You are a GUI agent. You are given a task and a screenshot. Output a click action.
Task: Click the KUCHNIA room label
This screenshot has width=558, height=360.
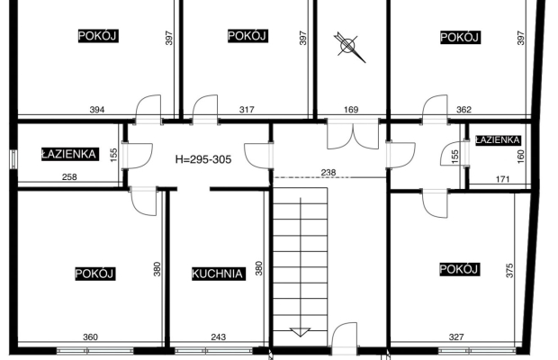click(219, 274)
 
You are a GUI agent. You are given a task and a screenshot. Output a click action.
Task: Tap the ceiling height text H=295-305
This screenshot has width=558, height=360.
click(203, 159)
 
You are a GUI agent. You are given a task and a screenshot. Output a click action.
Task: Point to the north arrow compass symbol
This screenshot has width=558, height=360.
click(349, 46)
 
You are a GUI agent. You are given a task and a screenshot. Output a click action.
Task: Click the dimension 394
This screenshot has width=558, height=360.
click(97, 110)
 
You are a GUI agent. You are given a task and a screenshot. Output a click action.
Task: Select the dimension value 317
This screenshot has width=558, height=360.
click(247, 110)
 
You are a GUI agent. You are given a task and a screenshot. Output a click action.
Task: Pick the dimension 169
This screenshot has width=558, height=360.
click(351, 110)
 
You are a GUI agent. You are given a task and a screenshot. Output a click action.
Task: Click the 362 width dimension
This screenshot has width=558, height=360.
click(463, 110)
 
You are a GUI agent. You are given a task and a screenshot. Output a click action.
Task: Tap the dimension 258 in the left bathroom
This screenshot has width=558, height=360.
click(69, 176)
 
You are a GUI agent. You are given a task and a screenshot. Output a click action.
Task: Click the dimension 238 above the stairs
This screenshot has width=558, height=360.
click(328, 173)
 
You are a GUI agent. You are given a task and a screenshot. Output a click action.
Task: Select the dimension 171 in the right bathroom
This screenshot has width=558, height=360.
click(502, 179)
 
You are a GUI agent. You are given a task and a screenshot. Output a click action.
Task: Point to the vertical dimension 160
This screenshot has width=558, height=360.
click(520, 157)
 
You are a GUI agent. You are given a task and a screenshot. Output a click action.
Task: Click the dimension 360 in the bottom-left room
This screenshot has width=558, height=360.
click(90, 337)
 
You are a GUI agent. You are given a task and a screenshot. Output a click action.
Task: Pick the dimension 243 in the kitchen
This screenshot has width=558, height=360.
click(218, 337)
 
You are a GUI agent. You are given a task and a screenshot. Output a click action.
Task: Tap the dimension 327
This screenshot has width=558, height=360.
click(456, 337)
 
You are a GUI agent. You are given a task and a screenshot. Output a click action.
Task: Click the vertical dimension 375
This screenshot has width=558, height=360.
click(509, 270)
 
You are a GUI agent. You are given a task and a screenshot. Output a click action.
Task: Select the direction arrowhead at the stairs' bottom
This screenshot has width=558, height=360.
click(301, 332)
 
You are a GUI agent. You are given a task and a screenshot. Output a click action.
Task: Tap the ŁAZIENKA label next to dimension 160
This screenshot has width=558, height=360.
click(498, 140)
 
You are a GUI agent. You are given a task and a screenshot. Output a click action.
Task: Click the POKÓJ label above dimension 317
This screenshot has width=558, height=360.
click(247, 36)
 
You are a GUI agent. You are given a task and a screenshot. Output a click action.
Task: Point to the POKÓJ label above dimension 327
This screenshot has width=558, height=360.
click(459, 269)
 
